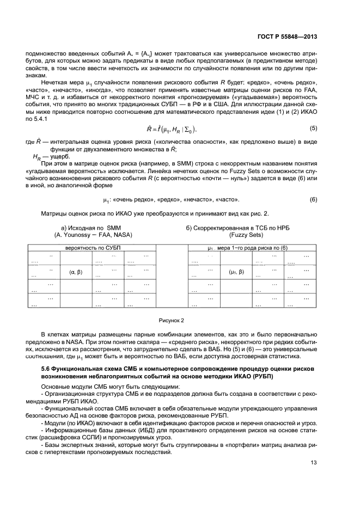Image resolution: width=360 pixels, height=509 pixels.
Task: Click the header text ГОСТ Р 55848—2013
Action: point(287,37)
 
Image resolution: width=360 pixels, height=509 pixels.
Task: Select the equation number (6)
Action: point(313,200)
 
